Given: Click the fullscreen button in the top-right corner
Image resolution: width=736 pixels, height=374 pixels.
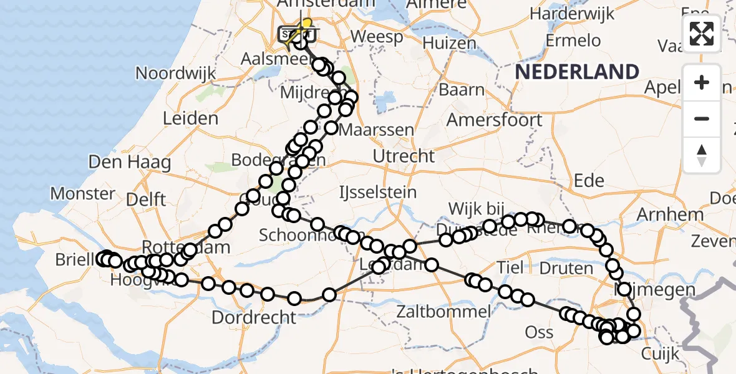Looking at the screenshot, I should [702, 33].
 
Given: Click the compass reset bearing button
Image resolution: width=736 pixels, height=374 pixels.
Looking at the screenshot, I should [702, 155].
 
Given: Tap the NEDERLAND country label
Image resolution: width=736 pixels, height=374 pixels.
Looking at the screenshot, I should [577, 72].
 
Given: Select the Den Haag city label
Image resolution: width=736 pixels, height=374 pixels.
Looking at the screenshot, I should [130, 163].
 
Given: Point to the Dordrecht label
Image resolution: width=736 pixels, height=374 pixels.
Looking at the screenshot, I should [254, 317].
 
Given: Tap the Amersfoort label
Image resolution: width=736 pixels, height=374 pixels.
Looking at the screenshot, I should [495, 119].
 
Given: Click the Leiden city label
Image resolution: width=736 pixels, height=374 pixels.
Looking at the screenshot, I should [190, 118].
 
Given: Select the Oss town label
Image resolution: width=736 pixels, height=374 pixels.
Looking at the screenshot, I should [539, 332].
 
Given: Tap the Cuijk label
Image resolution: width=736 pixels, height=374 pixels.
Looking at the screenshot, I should [660, 354].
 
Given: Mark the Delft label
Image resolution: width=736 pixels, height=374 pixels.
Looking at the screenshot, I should [145, 199].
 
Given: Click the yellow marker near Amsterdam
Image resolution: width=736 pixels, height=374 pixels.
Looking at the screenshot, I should [306, 23].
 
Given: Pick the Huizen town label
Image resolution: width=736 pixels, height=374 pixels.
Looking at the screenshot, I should [449, 42].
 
